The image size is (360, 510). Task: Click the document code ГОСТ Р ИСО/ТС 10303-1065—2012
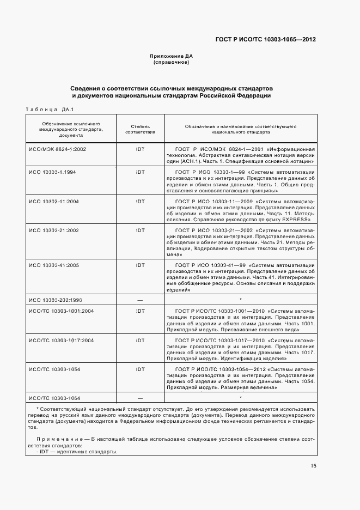click(x=265, y=39)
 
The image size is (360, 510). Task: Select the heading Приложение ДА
click(x=172, y=56)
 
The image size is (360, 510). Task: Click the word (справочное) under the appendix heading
click(x=172, y=62)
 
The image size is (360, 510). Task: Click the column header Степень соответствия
click(x=140, y=129)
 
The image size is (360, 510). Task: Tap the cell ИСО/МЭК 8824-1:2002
click(x=57, y=149)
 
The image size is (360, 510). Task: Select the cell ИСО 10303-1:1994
click(x=53, y=172)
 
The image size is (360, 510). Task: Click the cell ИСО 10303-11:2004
click(x=54, y=201)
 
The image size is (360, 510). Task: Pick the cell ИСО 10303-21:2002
click(x=54, y=230)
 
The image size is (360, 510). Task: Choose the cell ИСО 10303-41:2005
click(x=54, y=265)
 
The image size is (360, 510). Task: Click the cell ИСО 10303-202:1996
click(x=55, y=300)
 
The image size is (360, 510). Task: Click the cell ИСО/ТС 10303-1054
click(x=54, y=369)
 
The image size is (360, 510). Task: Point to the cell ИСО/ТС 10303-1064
click(x=54, y=398)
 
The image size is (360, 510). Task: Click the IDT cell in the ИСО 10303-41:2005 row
click(x=140, y=265)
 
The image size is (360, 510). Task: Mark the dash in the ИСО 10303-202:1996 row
click(x=140, y=300)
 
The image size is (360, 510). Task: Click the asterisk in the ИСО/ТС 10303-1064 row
click(x=240, y=398)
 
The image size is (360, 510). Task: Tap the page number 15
click(x=313, y=466)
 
